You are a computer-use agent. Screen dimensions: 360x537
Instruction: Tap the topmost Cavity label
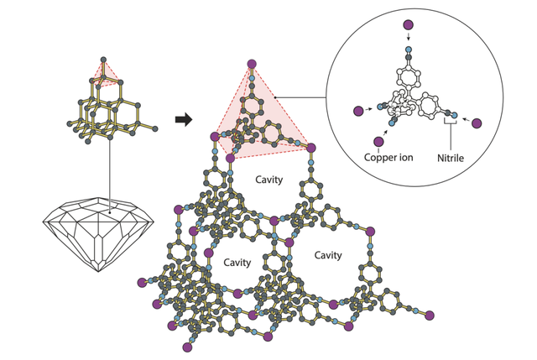[x=268, y=180]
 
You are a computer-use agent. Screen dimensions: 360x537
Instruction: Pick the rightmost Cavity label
[x=328, y=255]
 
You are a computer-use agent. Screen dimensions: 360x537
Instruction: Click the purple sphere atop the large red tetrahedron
[x=251, y=64]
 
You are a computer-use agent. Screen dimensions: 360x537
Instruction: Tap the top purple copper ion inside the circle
[x=408, y=24]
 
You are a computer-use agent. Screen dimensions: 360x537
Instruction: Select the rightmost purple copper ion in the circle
[x=477, y=123]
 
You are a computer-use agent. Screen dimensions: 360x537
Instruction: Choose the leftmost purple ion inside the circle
[x=358, y=110]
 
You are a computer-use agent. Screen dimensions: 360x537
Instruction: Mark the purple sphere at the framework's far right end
[x=430, y=316]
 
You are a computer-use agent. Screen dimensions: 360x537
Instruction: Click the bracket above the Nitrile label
[x=451, y=123]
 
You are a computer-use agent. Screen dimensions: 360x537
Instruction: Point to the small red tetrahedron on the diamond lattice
[x=105, y=75]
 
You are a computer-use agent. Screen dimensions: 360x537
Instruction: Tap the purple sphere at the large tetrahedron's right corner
[x=311, y=148]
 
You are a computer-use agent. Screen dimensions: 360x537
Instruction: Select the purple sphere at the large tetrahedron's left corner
[x=215, y=137]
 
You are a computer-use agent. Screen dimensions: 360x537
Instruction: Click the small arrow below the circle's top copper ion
[x=408, y=39]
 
